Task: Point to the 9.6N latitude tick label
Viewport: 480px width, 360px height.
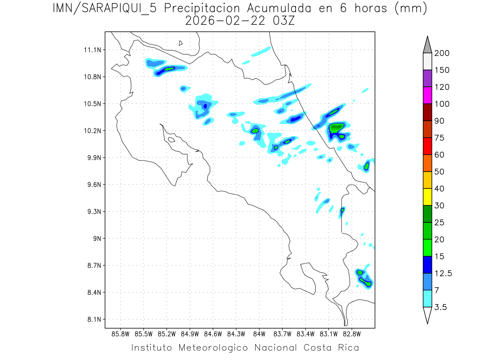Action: click(92, 185)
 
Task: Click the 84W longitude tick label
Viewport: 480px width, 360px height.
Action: click(259, 334)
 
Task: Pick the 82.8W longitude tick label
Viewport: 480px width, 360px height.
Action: click(352, 334)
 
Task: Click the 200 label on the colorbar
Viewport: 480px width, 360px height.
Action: click(442, 53)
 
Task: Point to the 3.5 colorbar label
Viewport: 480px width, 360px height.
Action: click(441, 307)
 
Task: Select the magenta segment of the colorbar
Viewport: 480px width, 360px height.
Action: click(427, 95)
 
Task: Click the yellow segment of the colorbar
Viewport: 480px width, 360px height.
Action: click(427, 197)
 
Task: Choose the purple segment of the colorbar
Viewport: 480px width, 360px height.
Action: click(427, 78)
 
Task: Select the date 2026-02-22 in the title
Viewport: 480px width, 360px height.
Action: click(224, 21)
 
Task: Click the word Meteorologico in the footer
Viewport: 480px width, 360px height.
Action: click(216, 348)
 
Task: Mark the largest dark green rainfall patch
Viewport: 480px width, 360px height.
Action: click(336, 127)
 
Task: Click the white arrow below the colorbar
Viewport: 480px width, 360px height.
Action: click(427, 315)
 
